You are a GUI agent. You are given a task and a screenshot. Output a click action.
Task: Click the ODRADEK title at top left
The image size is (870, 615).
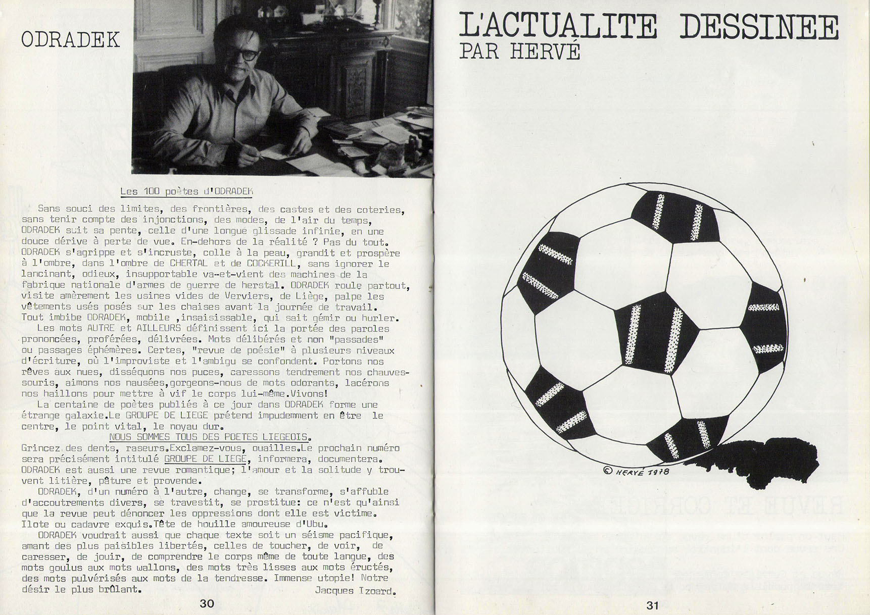coord(70,40)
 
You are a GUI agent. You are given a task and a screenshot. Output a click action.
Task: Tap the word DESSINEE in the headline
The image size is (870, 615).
coord(758,27)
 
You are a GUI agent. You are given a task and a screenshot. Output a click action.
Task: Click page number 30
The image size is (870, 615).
coord(207,603)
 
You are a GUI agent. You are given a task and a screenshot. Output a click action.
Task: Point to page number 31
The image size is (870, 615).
coord(653,605)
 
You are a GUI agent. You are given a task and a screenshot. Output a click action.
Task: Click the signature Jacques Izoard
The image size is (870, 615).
coord(355,590)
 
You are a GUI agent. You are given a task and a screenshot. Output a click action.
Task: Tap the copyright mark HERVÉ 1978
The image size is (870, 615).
coord(637,471)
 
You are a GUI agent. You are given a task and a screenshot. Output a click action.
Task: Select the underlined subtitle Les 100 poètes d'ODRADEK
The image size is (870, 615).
coord(186,191)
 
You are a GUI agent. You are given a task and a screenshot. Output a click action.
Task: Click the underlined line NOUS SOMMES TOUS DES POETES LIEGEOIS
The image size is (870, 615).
coord(210,437)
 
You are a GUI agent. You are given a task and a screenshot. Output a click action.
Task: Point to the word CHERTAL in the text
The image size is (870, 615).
coord(188,263)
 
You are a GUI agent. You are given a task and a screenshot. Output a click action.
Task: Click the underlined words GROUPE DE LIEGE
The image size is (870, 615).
coord(205,459)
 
